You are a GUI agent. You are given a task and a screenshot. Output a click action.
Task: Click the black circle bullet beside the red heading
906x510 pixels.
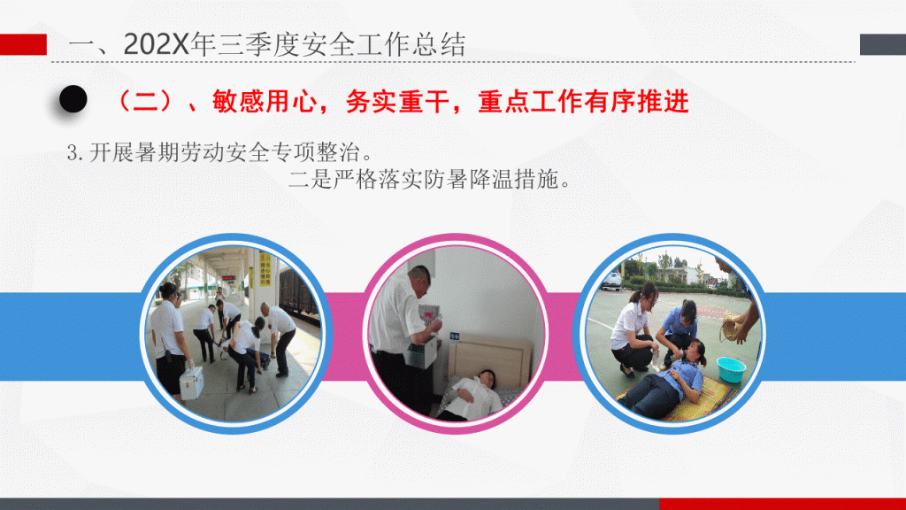click(x=73, y=99)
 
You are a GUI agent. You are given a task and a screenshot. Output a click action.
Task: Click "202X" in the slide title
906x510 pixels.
click(x=156, y=44)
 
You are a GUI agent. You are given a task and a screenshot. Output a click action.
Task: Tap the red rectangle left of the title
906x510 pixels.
click(x=23, y=44)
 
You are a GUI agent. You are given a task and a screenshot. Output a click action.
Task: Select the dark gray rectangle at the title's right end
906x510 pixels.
click(x=882, y=44)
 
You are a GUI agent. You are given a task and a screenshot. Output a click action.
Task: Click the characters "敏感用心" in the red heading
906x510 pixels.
click(x=265, y=102)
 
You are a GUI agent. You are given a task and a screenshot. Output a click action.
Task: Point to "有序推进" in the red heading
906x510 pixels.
click(x=636, y=102)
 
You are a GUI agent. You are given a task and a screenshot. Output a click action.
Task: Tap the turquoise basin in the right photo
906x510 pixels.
click(x=731, y=369)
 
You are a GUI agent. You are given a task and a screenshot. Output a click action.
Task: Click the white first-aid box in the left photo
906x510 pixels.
click(x=191, y=382)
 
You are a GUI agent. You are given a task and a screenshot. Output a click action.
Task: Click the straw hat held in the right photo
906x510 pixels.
click(x=733, y=327)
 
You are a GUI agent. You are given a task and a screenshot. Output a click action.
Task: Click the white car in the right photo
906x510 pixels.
click(x=611, y=281)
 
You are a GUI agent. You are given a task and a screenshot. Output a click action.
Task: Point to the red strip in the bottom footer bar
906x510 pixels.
click(x=782, y=504)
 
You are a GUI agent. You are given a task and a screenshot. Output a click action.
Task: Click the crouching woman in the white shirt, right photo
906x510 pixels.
click(x=634, y=329)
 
